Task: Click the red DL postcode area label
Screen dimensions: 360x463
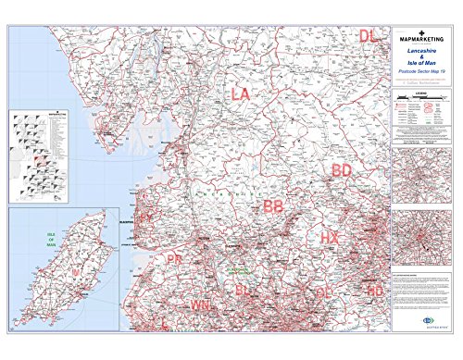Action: tap(369, 36)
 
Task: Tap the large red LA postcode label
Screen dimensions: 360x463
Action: tap(241, 94)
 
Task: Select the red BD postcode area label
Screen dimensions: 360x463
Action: tap(342, 170)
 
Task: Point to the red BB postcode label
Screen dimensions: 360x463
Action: tap(273, 206)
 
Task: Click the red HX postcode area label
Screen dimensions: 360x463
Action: tap(331, 238)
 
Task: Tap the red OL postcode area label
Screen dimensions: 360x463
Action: tap(324, 292)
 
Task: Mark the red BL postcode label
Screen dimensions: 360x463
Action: tap(243, 291)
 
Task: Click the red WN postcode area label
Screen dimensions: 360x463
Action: tap(201, 304)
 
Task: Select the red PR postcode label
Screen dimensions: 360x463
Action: tap(174, 260)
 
